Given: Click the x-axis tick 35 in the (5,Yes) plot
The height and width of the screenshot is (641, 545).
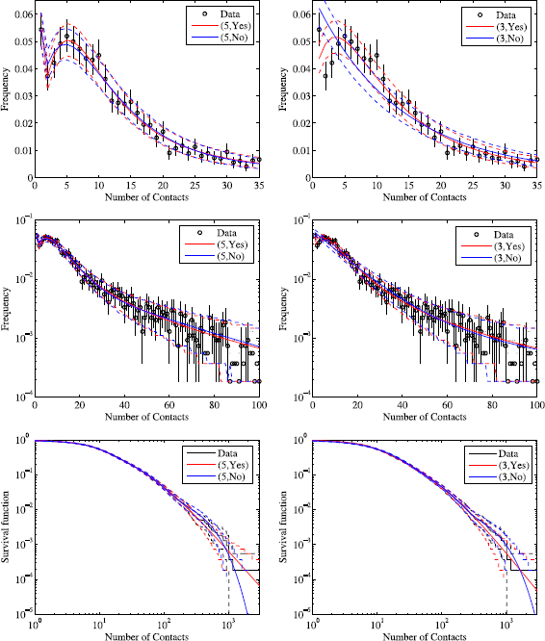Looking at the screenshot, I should (259, 186).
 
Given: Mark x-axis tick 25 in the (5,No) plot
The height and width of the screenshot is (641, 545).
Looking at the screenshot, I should (195, 186).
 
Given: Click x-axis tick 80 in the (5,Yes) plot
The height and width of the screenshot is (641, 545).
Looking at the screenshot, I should (215, 405).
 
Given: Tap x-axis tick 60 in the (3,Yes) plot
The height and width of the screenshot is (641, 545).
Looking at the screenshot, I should (449, 405).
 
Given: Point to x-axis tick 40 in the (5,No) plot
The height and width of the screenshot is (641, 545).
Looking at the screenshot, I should (125, 405).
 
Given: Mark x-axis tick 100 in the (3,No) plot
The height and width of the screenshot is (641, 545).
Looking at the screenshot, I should (537, 405).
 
